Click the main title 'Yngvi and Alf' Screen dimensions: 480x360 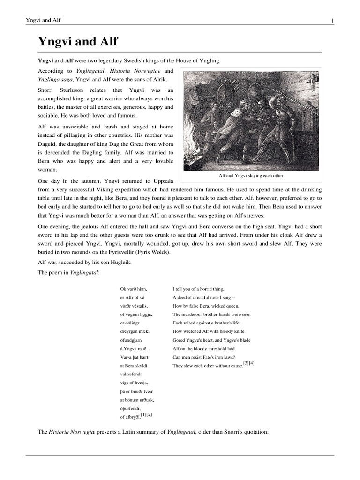point(78,42)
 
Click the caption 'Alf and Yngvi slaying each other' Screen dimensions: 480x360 point(252,176)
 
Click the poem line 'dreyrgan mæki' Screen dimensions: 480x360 point(136,331)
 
